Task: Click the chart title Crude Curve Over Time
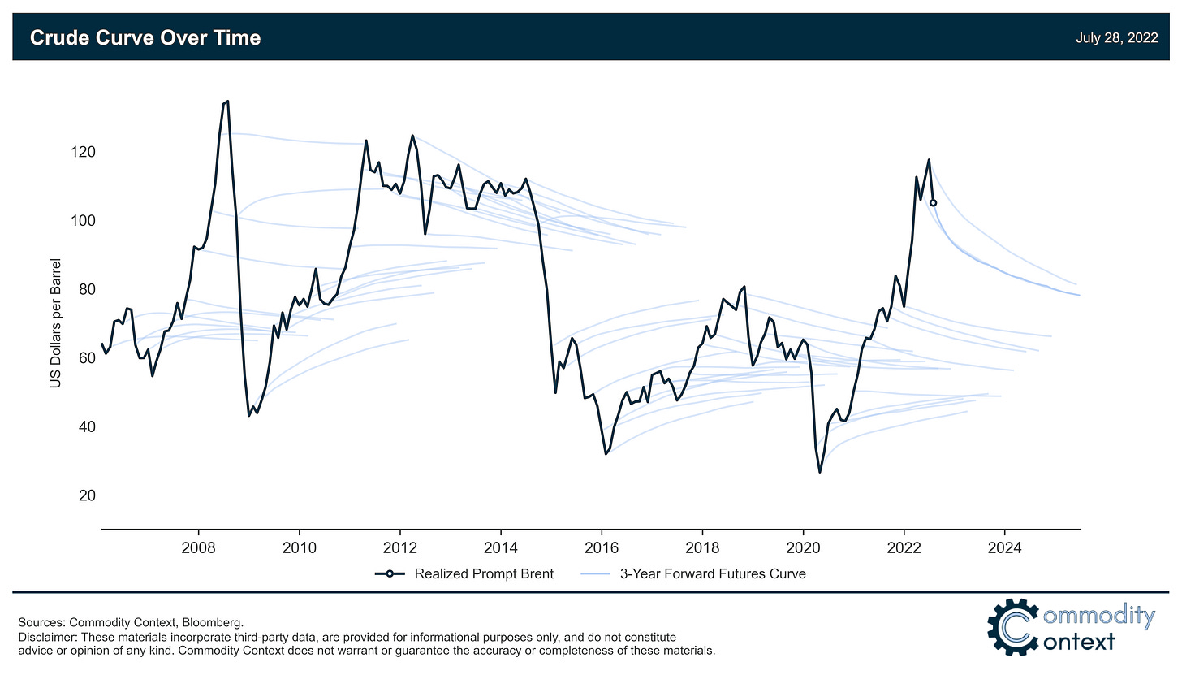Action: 145,37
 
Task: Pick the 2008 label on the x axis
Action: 198,547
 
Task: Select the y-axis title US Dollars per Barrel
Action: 55,324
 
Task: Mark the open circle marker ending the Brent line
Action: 933,203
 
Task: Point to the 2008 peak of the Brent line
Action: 227,101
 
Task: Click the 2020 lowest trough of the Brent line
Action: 820,472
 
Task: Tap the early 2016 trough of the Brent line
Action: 606,454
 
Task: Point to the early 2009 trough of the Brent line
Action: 249,415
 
